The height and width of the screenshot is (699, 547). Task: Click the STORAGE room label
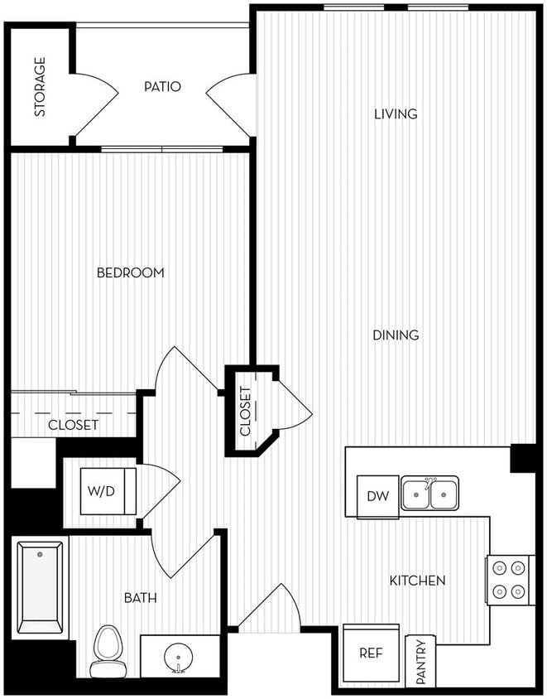[40, 87]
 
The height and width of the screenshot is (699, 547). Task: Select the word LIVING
[396, 113]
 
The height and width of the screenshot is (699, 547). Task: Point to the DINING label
[396, 335]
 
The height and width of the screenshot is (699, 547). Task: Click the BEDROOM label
[130, 272]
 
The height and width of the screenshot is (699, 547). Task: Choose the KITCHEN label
[418, 581]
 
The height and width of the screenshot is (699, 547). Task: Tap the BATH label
[140, 597]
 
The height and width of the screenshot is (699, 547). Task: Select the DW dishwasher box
[377, 496]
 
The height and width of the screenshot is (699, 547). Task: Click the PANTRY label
[420, 662]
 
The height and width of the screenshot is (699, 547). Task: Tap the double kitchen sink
[429, 494]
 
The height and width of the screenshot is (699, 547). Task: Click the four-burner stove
[509, 580]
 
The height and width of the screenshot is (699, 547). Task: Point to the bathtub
[40, 587]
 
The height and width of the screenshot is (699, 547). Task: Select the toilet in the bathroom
[108, 650]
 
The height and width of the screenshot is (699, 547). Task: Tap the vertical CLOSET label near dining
[246, 412]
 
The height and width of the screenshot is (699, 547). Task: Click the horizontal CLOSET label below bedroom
[73, 425]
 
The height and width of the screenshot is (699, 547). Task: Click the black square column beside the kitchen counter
[523, 458]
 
